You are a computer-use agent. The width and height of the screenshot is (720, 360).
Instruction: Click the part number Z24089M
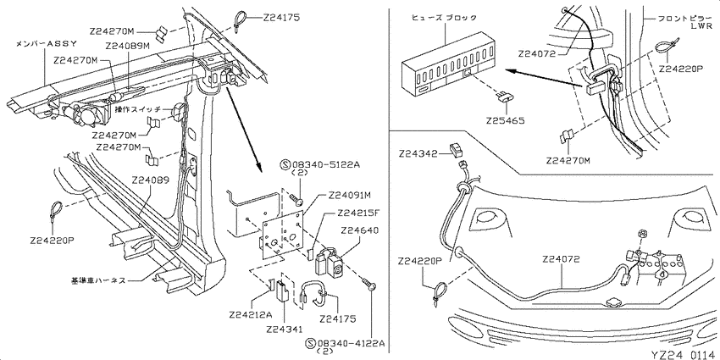(127, 46)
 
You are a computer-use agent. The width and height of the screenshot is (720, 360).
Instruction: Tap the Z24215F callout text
(358, 213)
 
